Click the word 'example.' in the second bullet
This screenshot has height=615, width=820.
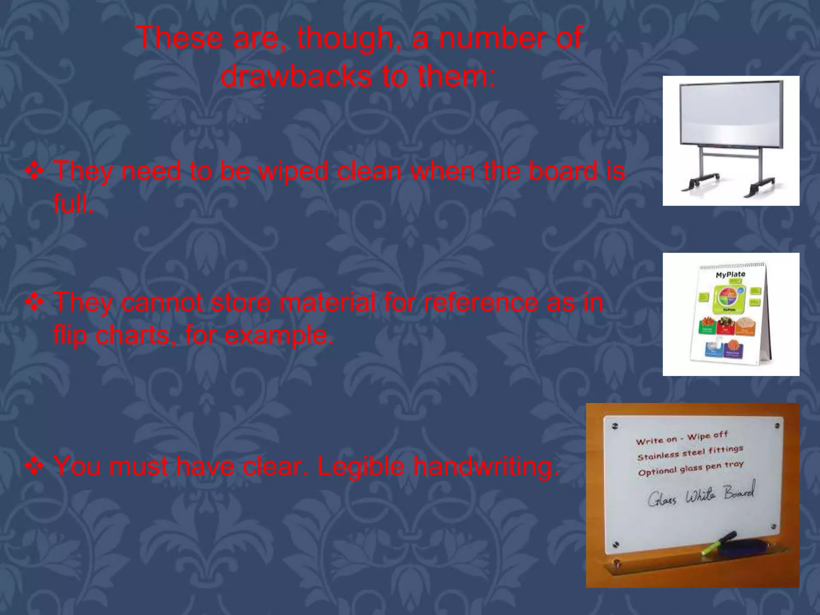[279, 336]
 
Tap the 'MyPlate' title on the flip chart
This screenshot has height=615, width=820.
[730, 275]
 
